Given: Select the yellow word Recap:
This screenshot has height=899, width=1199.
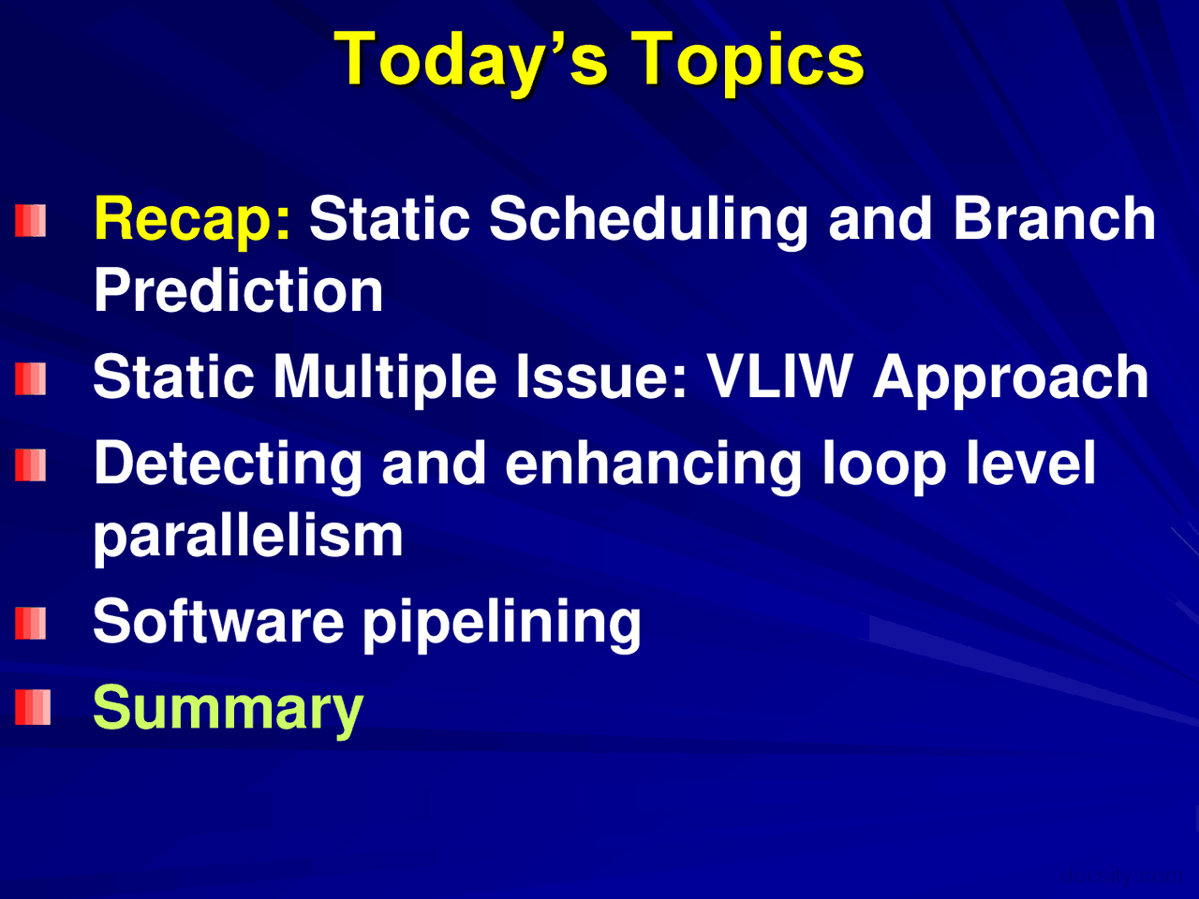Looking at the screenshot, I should coord(192,219).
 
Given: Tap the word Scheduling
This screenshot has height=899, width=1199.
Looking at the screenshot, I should coord(648,219).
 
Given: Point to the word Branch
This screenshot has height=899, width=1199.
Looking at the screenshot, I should coord(1054,219).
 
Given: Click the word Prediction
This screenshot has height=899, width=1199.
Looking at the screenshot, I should coord(239,290).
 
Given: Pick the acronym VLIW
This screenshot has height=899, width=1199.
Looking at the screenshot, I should coord(779,377).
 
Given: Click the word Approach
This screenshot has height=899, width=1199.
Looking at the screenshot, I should coord(1011,377).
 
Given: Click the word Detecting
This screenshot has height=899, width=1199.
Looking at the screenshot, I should coord(228,464).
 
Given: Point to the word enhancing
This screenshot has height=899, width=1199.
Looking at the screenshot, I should coord(654,464).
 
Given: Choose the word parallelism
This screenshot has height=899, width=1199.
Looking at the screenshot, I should coord(248,536).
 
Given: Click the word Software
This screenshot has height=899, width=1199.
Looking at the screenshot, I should coord(218,622).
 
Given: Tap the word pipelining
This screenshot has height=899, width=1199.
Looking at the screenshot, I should coord(501,622).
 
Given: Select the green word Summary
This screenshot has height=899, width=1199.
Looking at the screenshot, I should coord(228,708).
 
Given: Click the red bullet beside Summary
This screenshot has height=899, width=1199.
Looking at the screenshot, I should coord(32,708).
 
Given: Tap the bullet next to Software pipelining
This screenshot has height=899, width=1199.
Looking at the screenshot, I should coord(31,623).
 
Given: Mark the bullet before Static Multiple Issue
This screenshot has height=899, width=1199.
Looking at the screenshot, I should coord(31,378).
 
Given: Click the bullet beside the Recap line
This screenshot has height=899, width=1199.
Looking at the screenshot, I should coord(31,221).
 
